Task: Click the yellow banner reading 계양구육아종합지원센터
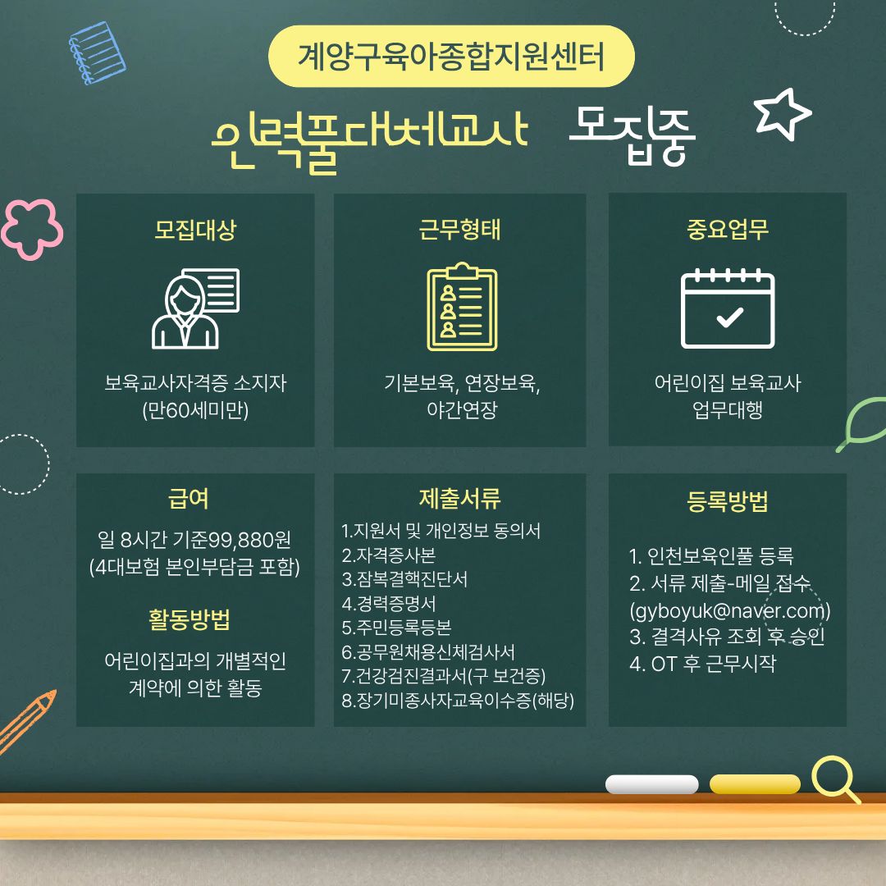click(452, 57)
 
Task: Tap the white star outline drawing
click(782, 113)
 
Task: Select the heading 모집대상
click(195, 231)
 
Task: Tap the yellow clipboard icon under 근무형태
click(461, 307)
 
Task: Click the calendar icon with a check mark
click(728, 308)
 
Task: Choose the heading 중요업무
click(728, 231)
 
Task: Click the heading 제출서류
click(459, 498)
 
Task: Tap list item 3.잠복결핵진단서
click(405, 579)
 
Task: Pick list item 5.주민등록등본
click(396, 628)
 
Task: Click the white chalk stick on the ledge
click(651, 784)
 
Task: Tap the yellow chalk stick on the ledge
click(754, 784)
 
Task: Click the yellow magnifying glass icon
click(833, 777)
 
